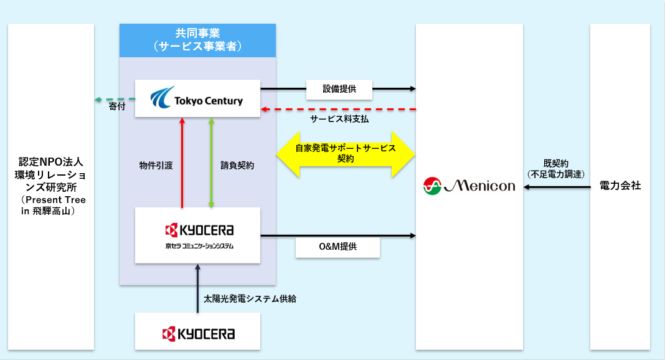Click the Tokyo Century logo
(197, 98)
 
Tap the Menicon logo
(469, 186)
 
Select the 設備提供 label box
(339, 90)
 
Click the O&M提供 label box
(337, 247)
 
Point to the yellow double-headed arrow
(346, 154)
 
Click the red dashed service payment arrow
(338, 110)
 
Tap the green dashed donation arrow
(115, 99)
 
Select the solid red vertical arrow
(182, 163)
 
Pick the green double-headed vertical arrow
(211, 163)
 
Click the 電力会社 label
(620, 186)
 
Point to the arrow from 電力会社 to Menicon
(557, 187)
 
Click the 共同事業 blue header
(197, 40)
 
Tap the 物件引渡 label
(156, 166)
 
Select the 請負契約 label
(237, 166)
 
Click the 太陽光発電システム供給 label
(250, 299)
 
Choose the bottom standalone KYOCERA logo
(199, 334)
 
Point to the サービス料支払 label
(339, 119)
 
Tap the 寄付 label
(117, 107)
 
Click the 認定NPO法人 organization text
(51, 186)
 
